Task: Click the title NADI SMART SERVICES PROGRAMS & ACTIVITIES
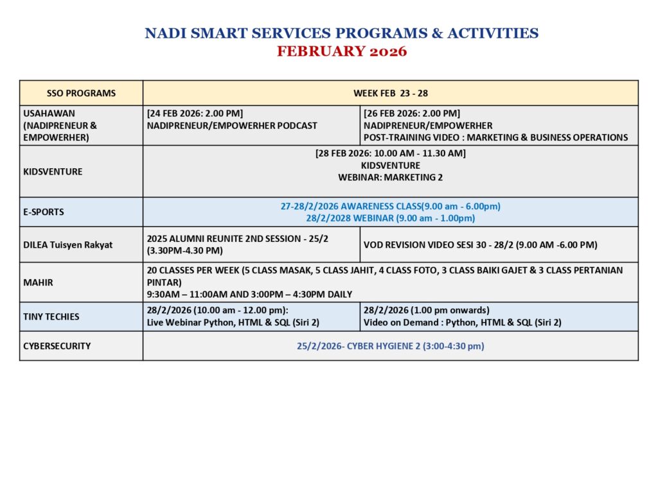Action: (x=342, y=33)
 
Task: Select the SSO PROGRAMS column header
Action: (x=82, y=93)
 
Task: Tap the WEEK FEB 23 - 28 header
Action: (x=391, y=93)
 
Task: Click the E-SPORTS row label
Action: (x=44, y=212)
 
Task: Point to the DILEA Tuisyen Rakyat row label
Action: (x=67, y=245)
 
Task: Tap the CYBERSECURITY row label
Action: (x=57, y=346)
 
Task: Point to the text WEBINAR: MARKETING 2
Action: (x=391, y=177)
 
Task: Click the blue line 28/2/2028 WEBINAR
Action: (x=391, y=218)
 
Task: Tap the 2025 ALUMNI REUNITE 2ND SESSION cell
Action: (x=251, y=245)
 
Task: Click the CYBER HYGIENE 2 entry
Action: (x=391, y=346)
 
